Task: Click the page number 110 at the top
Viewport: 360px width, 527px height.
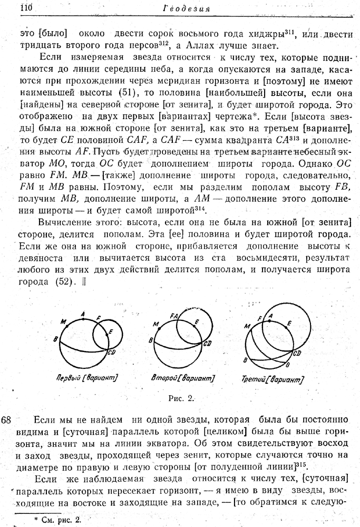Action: tap(26, 8)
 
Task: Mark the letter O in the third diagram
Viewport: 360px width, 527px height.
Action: tap(287, 365)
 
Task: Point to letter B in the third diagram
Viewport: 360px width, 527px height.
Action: tap(245, 360)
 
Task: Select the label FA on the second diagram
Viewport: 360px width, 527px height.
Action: tap(174, 315)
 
